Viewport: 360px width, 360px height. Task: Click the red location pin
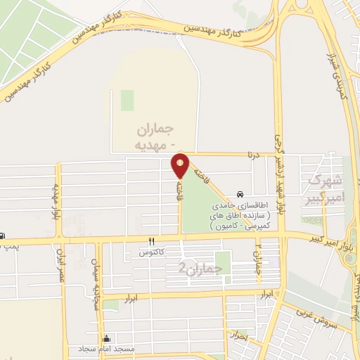180,166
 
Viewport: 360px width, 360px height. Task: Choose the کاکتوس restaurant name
151,251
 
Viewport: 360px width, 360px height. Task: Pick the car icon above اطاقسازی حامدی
240,194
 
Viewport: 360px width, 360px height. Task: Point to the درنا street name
252,153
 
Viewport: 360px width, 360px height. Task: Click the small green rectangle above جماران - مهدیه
127,100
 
